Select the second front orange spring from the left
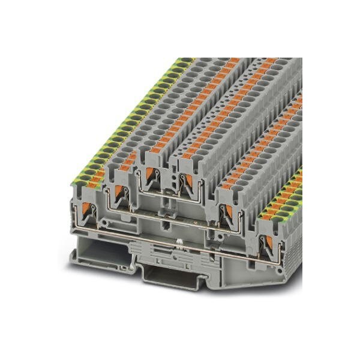click(118, 191)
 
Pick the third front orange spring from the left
click(149, 175)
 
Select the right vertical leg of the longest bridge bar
click(264, 252)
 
